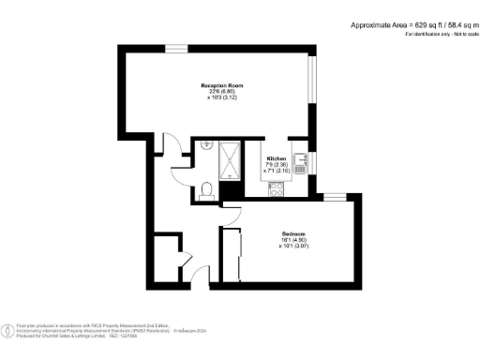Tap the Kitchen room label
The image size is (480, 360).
pyautogui.click(x=277, y=157)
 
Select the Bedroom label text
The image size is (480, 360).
pyautogui.click(x=294, y=232)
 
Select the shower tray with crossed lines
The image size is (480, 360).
pyautogui.click(x=230, y=159)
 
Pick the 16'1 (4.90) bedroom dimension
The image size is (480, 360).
pyautogui.click(x=294, y=240)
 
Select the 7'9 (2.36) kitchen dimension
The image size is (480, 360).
pyautogui.click(x=277, y=164)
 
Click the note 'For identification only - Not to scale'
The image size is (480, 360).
pyautogui.click(x=440, y=34)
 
